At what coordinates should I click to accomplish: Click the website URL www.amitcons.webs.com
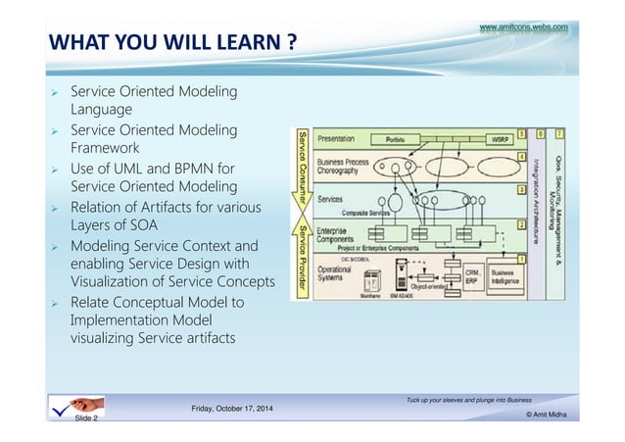[x=523, y=28]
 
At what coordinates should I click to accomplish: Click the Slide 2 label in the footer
[x=89, y=417]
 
